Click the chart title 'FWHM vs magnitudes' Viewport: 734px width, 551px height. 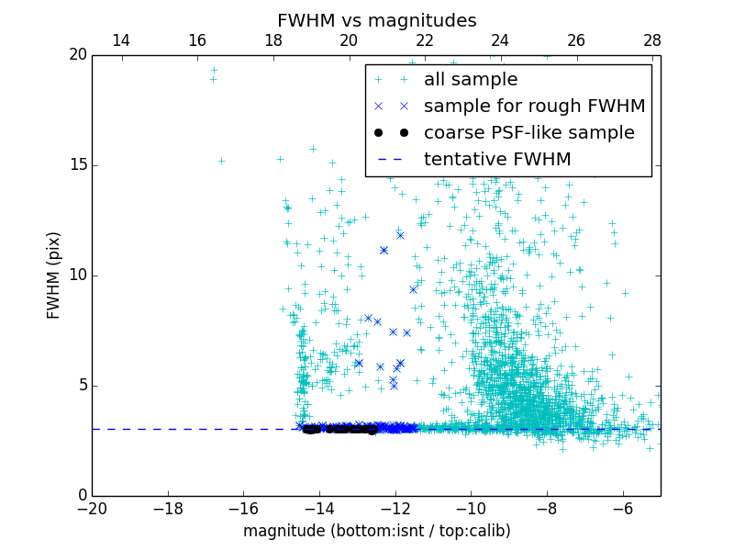(376, 20)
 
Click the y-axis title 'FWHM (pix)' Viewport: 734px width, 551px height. (54, 275)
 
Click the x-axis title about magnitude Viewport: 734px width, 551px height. (376, 531)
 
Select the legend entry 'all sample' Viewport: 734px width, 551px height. (470, 80)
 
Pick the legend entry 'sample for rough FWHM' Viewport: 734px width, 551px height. (534, 107)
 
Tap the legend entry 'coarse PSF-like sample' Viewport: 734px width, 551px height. (528, 133)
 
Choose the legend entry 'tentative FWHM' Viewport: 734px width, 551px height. (497, 160)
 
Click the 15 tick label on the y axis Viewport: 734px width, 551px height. (77, 165)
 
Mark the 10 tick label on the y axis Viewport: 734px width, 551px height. (77, 275)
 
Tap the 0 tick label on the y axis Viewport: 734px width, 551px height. (81, 496)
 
